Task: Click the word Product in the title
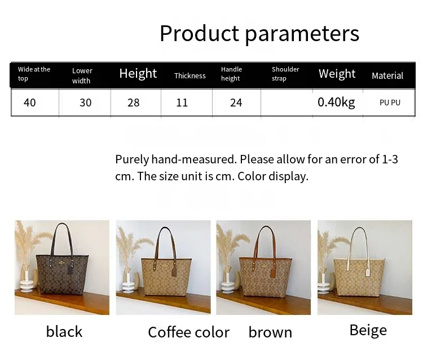click(x=199, y=33)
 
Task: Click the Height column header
click(x=138, y=74)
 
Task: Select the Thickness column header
click(x=190, y=75)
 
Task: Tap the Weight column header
click(x=337, y=74)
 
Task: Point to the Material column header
click(x=387, y=75)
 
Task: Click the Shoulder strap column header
click(x=285, y=74)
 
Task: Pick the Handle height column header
click(x=231, y=74)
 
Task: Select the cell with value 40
click(x=30, y=103)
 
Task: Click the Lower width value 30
click(x=86, y=103)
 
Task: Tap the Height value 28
click(x=134, y=103)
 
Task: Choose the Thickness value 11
click(x=182, y=103)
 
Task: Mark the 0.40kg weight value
click(x=336, y=103)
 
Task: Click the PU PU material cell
click(x=390, y=103)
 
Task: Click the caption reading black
click(x=64, y=331)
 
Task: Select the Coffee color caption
click(x=188, y=332)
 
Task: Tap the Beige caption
click(x=368, y=330)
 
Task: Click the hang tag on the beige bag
click(x=368, y=272)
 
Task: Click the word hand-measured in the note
click(x=194, y=159)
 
